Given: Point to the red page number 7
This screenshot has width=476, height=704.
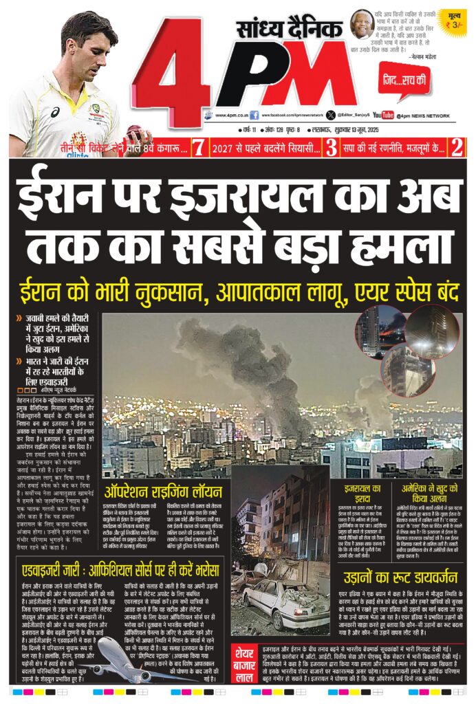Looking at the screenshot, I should pyautogui.click(x=199, y=146).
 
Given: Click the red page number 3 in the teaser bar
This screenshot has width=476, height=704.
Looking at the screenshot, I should pyautogui.click(x=332, y=146).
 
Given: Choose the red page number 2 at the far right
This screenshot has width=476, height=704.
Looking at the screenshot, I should pyautogui.click(x=455, y=146).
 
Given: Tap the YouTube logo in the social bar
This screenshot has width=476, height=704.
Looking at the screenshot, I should pyautogui.click(x=383, y=115).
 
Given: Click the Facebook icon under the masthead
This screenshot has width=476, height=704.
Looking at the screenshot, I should pyautogui.click(x=255, y=115).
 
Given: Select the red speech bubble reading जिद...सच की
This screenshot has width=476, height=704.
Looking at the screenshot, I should pyautogui.click(x=405, y=81).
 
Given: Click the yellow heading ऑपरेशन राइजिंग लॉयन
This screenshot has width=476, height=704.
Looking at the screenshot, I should pyautogui.click(x=163, y=492).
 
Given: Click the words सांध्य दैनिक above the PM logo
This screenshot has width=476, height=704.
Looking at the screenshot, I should pyautogui.click(x=289, y=31).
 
